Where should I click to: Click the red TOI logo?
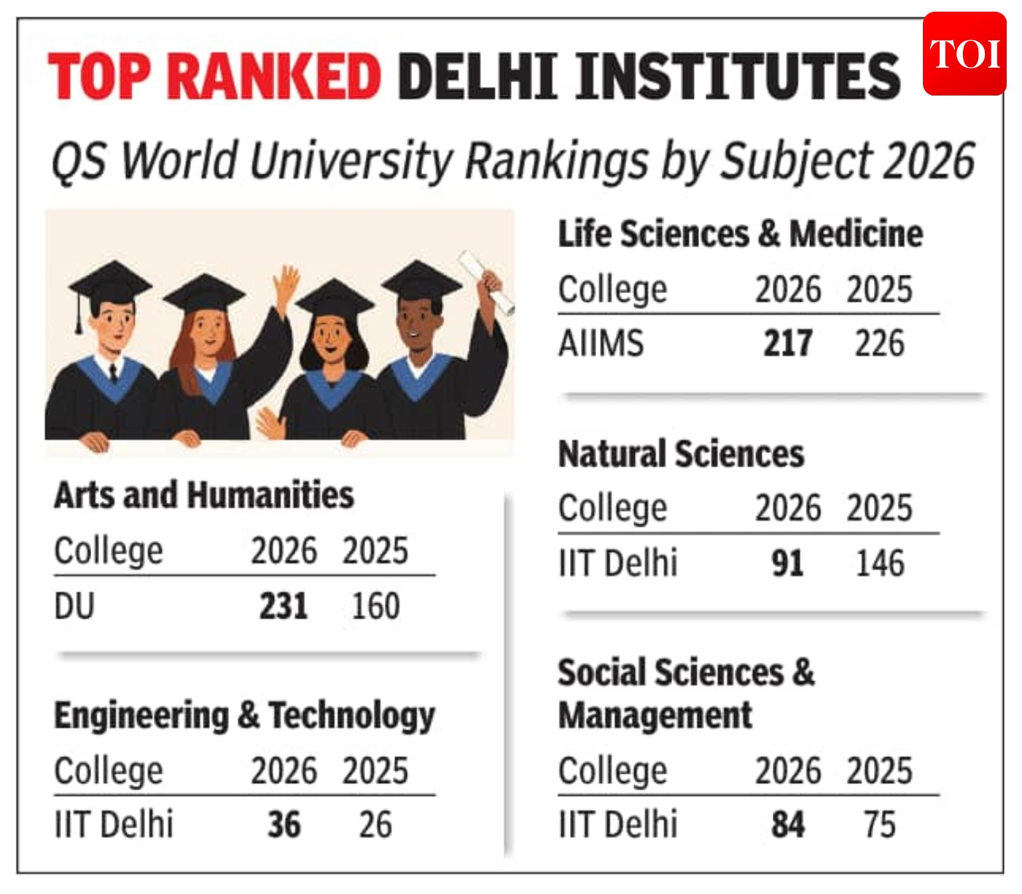point(964,54)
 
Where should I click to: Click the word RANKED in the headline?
point(277,76)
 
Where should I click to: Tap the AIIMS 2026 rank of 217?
point(788,343)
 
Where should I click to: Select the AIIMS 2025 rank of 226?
point(879,343)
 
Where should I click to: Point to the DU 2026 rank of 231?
point(284,606)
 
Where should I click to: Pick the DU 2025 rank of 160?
point(375,606)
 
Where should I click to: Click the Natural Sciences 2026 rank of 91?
point(788,563)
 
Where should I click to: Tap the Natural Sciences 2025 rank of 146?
point(879,563)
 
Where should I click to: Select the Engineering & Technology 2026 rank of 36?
point(284,825)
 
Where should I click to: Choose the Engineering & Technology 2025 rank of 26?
point(375,825)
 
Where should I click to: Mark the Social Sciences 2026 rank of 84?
point(788,825)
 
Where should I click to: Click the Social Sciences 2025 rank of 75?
point(879,825)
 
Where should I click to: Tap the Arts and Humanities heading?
point(204,495)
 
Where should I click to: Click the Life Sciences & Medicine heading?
point(741,234)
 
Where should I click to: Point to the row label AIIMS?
point(601,343)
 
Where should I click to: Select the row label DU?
point(74,606)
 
